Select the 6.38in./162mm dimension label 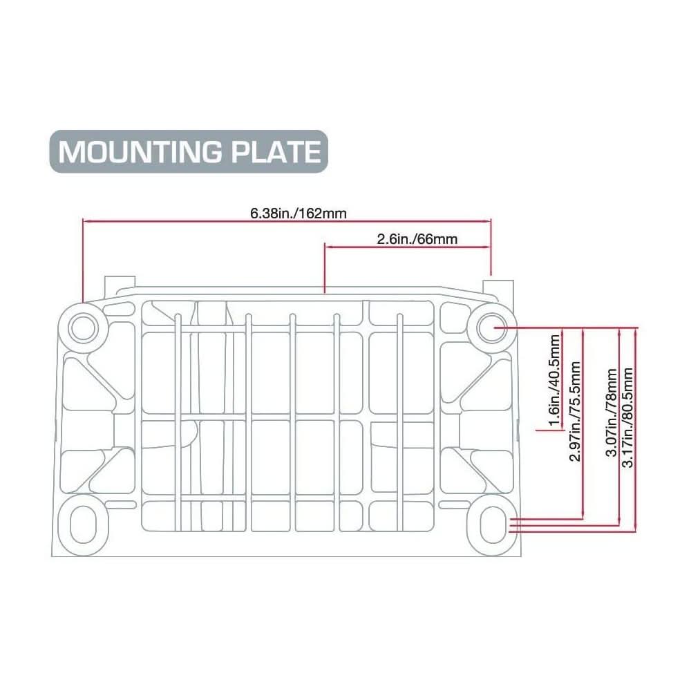click(298, 213)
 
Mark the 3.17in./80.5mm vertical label click(627, 418)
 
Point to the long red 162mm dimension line click(207, 221)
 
